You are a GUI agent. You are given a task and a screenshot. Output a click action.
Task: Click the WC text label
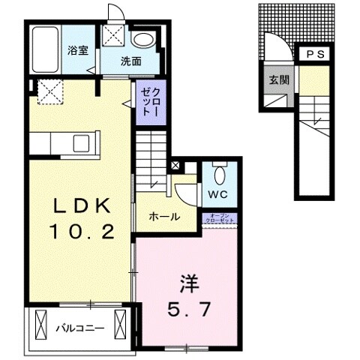tap(218, 194)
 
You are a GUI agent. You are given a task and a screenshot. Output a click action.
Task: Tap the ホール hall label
tap(163, 216)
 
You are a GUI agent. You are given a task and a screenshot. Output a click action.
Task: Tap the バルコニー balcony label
tap(79, 328)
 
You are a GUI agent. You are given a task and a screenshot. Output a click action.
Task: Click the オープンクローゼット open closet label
tap(221, 218)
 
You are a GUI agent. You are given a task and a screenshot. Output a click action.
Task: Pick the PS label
tap(316, 55)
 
